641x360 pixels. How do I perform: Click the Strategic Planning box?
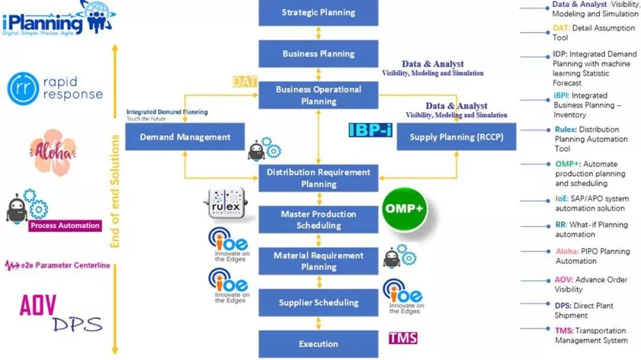coord(318,12)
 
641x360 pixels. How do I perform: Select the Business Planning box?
coord(318,54)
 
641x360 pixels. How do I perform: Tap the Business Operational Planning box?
coord(318,95)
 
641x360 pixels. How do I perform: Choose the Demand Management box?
coord(185,137)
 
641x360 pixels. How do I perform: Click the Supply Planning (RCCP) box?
coord(456,137)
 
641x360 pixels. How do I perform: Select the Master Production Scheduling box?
coord(318,220)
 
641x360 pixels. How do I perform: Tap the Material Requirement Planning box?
coord(318,262)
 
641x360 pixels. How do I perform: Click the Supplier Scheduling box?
coord(318,303)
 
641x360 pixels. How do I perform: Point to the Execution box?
coord(318,344)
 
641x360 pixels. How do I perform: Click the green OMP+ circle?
coord(405,209)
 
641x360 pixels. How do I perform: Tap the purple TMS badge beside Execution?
coord(403,338)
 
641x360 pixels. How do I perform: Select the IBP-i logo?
coord(370,129)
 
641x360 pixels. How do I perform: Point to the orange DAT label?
coord(244,82)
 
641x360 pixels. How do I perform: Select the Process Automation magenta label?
coord(65,225)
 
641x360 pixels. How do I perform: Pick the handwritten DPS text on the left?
coord(77,324)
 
